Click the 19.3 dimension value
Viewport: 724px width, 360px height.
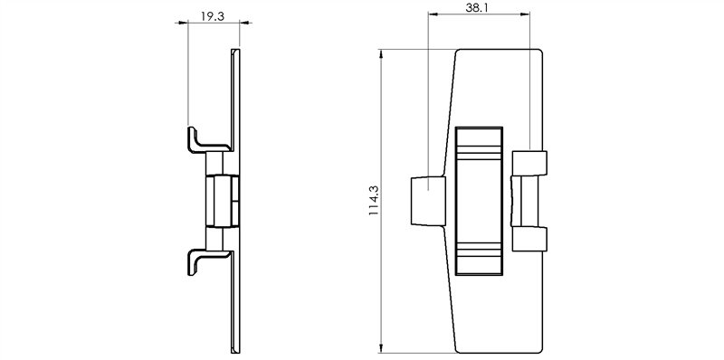213,16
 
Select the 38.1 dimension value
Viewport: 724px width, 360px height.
477,8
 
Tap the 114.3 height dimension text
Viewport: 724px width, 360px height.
374,201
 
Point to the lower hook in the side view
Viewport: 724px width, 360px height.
208,262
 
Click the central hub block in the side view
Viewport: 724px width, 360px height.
222,201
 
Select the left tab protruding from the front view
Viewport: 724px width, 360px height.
428,201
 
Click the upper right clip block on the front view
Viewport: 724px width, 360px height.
529,163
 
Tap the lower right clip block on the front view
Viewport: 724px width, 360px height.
529,239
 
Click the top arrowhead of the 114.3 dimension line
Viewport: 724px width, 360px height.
381,53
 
